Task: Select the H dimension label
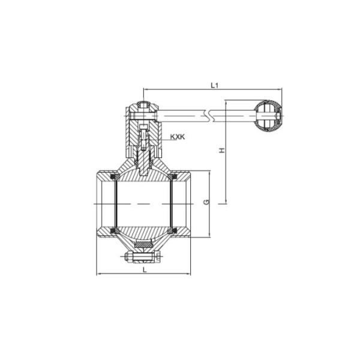tap(221, 151)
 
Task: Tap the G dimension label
tap(206, 202)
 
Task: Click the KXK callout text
tap(178, 137)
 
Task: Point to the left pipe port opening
tap(103, 204)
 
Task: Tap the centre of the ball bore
tap(144, 204)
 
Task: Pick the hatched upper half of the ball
tap(144, 176)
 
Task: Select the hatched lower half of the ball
tap(144, 231)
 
